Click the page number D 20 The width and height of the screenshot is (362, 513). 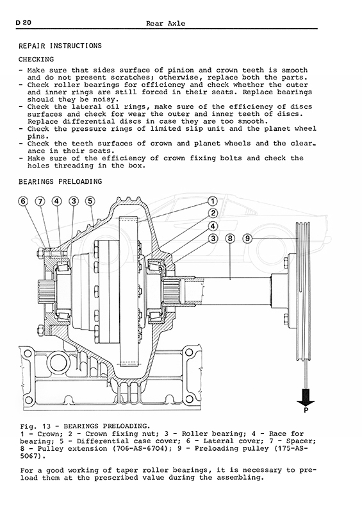[x=23, y=22]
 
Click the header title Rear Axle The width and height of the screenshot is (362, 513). [x=165, y=23]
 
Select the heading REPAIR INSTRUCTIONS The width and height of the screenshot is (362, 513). [x=60, y=46]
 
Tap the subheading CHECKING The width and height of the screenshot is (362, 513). [x=37, y=60]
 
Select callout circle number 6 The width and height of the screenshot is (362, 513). [x=23, y=201]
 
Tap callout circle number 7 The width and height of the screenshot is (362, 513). [x=40, y=201]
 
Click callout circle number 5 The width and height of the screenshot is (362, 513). [x=90, y=201]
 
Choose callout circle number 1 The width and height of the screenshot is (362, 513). [x=213, y=201]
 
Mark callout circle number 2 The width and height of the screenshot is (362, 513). [x=213, y=214]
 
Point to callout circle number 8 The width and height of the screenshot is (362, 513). [x=230, y=239]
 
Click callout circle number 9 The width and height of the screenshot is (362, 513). [x=247, y=239]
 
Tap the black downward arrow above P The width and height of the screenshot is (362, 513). [x=306, y=397]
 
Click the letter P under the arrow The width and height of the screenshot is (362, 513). [x=306, y=410]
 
